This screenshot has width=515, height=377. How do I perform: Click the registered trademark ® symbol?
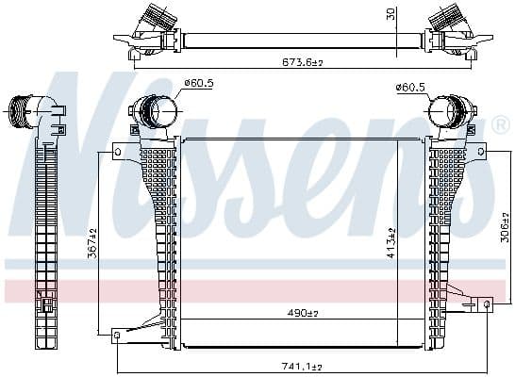point(499,124)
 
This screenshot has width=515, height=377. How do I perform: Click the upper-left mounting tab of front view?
point(118,149)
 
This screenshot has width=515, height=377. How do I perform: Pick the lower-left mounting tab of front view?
point(117,333)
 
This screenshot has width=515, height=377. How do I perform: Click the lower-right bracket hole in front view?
point(486,304)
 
